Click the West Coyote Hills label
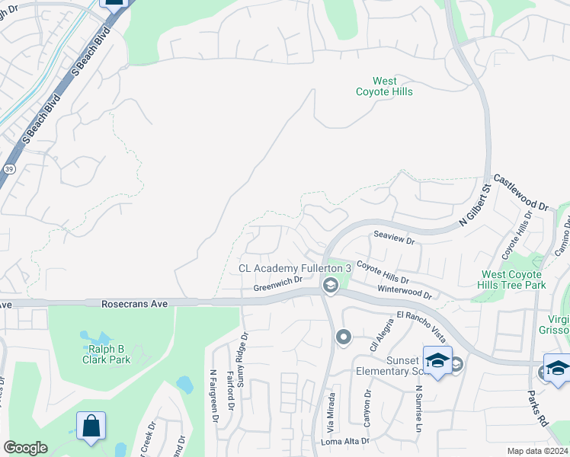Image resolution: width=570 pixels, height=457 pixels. [384, 86]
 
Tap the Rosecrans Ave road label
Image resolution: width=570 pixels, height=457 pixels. [134, 303]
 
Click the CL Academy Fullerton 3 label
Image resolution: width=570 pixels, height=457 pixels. [295, 268]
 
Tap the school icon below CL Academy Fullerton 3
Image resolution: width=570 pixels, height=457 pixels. [330, 286]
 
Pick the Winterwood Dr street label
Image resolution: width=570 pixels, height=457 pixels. [405, 292]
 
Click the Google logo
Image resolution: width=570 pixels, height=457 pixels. [25, 448]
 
